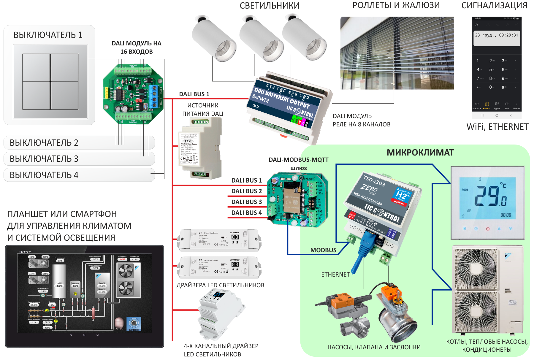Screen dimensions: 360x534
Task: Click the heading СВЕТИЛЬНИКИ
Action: (269, 6)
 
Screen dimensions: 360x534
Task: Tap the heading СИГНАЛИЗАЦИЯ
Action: (494, 5)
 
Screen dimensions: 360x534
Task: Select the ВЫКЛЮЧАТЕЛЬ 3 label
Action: (44, 159)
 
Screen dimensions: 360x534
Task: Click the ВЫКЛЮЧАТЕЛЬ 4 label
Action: (44, 175)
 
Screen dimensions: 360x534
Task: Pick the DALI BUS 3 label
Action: (247, 202)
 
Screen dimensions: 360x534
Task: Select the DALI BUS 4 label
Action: (247, 213)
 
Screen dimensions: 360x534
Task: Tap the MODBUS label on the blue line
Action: (323, 250)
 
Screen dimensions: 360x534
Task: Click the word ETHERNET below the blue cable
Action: (335, 275)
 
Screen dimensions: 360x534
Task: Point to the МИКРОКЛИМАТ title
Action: (420, 153)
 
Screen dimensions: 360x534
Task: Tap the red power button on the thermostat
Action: (487, 229)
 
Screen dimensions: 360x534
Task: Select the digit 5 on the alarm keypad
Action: (490, 69)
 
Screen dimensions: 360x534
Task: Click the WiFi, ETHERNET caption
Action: (497, 127)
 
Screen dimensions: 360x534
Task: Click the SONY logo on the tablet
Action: (25, 252)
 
